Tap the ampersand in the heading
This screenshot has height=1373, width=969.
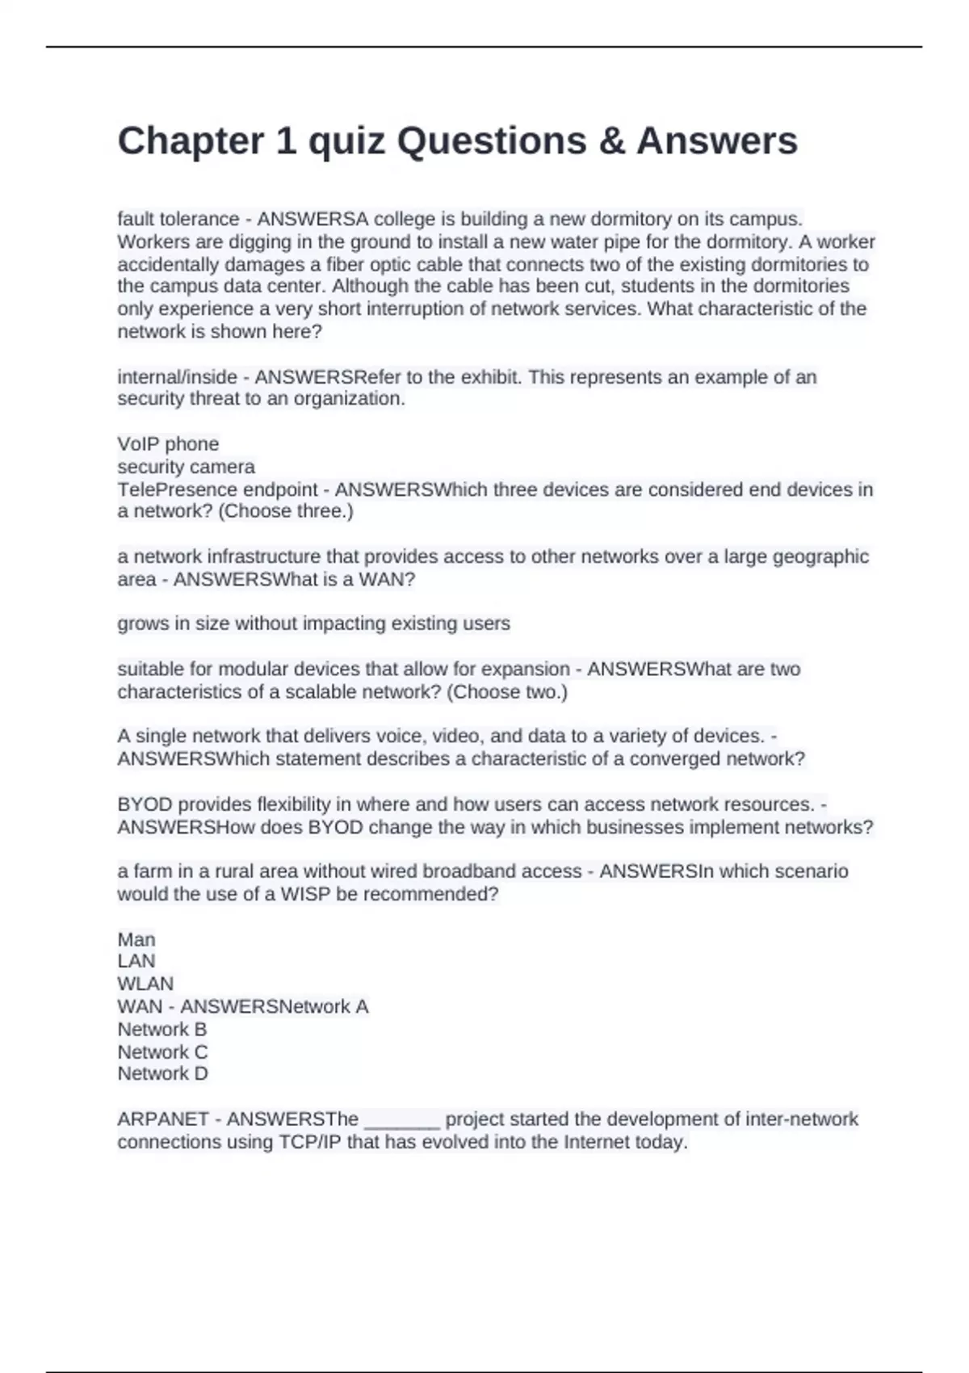point(611,141)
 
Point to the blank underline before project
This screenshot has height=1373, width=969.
point(402,1121)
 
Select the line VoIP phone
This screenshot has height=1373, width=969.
point(168,444)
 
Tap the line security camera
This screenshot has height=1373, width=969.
point(186,467)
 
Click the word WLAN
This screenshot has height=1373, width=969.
point(145,984)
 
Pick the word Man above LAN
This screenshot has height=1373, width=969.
point(136,939)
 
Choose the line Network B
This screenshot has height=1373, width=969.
point(162,1030)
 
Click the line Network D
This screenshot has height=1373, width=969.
point(162,1074)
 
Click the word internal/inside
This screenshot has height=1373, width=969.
point(177,377)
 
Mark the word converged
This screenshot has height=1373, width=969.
point(677,759)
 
